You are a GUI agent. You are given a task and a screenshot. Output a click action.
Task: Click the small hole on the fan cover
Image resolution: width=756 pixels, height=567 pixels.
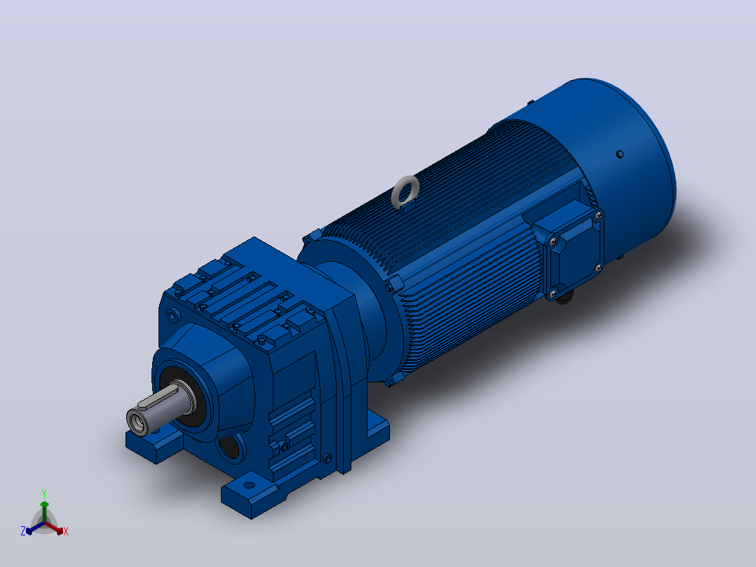coord(620,154)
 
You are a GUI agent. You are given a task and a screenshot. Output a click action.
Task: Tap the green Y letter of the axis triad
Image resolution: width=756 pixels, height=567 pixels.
coord(44,494)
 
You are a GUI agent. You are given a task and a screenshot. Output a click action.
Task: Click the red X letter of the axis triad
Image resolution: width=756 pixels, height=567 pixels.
coord(66,531)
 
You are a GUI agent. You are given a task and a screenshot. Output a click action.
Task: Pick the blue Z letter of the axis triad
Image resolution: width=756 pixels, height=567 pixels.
coord(23,531)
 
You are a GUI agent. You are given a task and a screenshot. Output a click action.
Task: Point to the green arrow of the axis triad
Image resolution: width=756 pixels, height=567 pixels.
coord(44,512)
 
